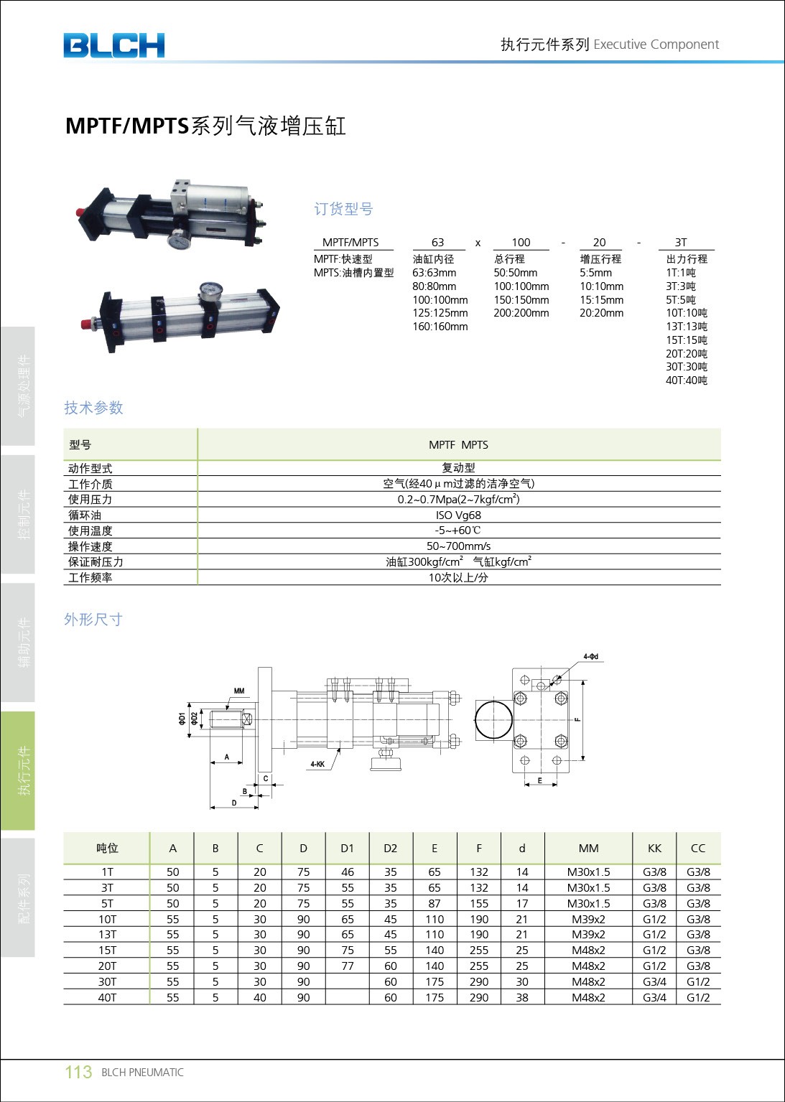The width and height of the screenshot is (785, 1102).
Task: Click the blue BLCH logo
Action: pos(113,45)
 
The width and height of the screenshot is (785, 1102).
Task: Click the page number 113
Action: pos(78,1072)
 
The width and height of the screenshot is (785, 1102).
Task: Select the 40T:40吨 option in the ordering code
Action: pos(686,380)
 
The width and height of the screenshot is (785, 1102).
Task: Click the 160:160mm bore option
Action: pos(440,327)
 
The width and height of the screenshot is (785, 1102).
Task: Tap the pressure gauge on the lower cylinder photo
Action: pos(210,291)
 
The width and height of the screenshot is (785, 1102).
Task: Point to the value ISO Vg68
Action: pos(458,515)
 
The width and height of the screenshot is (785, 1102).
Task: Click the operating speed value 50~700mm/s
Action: pos(458,546)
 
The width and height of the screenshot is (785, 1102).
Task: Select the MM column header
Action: pos(588,848)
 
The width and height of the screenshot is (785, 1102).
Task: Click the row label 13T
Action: pos(107,934)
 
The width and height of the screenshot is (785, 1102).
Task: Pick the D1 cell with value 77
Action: pos(348,966)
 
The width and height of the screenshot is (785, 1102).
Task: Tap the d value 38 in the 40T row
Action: pos(522,997)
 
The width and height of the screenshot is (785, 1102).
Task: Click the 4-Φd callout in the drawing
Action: pos(590,657)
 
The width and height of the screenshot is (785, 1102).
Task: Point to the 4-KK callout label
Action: pos(317,765)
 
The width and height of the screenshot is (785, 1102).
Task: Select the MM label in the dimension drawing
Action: pos(239,691)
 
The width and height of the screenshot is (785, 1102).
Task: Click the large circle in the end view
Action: pos(494,719)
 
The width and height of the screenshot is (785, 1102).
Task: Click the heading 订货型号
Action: pos(343,209)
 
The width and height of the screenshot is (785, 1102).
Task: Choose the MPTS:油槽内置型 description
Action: pos(353,273)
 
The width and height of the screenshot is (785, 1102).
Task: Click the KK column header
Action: pos(654,848)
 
